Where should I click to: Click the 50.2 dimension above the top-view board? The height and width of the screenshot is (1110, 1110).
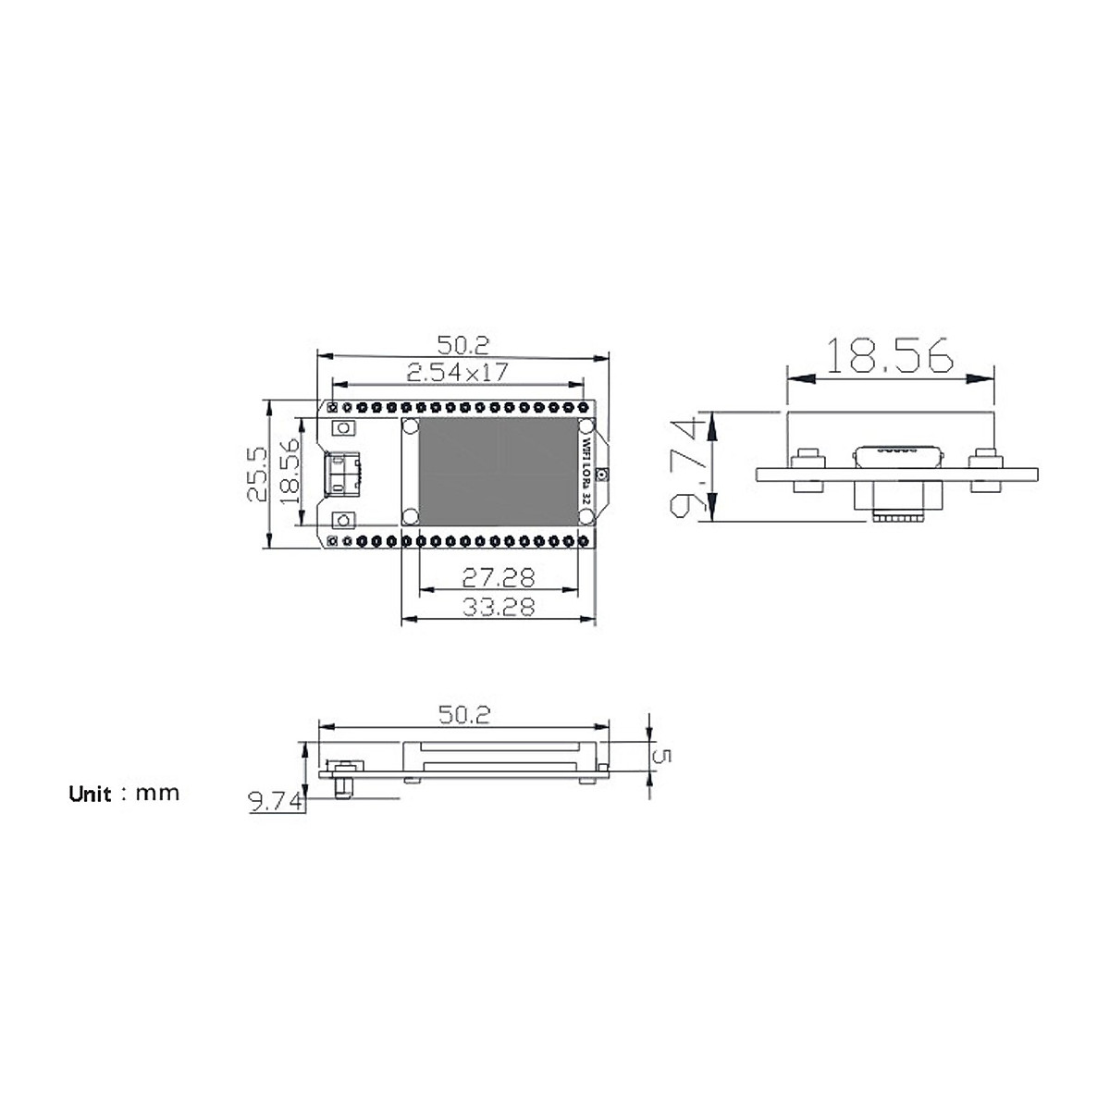pos(463,345)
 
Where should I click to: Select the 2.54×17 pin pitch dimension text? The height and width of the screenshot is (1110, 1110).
pos(457,373)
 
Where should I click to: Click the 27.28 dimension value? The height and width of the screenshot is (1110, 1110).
pos(499,578)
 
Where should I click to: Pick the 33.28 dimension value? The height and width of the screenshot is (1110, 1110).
pos(499,608)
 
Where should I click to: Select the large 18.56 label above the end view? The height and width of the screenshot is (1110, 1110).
pos(889,357)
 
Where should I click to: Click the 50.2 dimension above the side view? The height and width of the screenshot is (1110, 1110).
pos(463,714)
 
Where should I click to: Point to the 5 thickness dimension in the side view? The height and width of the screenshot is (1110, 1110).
pos(662,756)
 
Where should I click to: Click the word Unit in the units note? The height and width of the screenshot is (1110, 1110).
pos(90,795)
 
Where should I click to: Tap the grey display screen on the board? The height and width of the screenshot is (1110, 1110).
pos(497,472)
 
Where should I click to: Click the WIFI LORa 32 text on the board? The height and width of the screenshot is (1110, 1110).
pos(586,472)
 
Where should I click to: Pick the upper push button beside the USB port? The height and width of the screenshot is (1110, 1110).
pos(344,428)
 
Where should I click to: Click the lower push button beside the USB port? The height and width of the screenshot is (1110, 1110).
pos(344,519)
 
